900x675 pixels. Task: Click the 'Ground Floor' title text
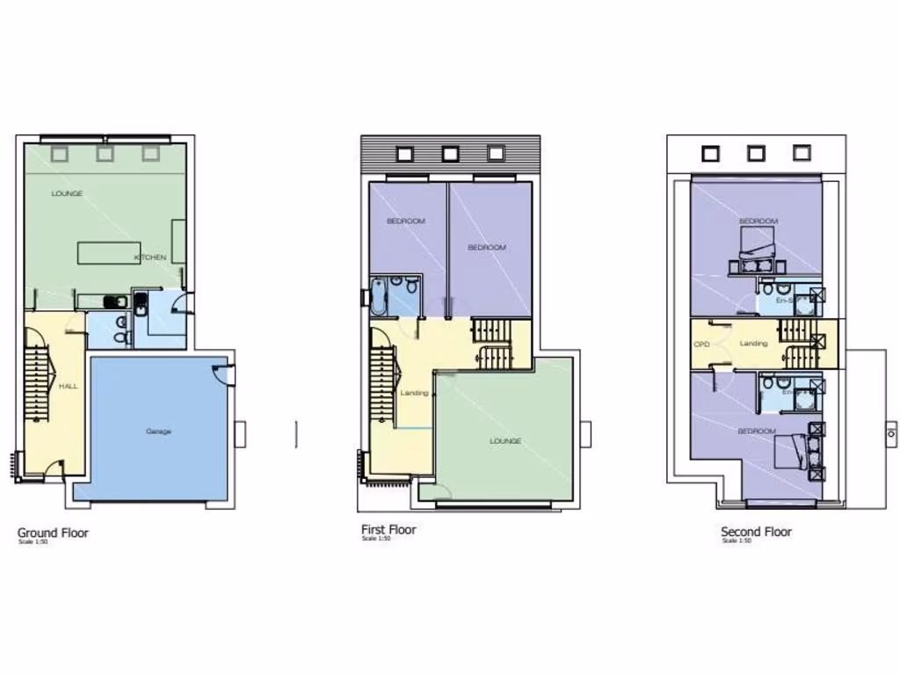point(53,533)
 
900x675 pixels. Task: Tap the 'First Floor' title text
point(388,530)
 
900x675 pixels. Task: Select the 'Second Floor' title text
point(756,532)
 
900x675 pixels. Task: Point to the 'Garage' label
point(159,432)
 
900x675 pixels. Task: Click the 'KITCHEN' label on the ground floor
point(150,258)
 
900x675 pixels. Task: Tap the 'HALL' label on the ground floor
point(69,386)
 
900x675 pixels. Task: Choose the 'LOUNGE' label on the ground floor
point(67,193)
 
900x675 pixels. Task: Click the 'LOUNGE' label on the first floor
point(505,441)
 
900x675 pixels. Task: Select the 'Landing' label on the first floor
point(414,393)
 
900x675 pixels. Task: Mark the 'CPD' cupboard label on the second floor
point(701,344)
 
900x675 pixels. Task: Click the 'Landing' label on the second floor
point(753,344)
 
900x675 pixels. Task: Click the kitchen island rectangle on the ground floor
point(109,253)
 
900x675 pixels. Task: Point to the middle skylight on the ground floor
point(105,154)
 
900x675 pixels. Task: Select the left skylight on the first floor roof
point(404,154)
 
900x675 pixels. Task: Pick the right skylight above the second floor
point(801,153)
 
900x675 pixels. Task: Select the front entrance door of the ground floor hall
point(54,469)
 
